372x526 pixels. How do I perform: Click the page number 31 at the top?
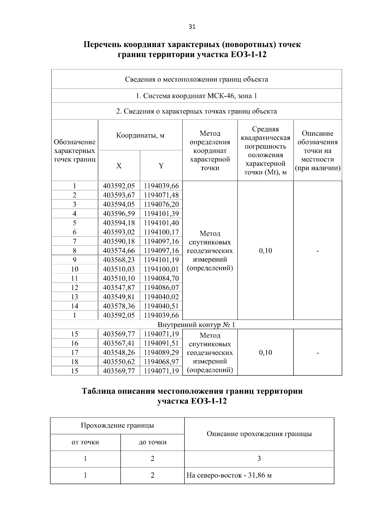(x=192, y=27)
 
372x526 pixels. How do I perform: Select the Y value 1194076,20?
(x=161, y=204)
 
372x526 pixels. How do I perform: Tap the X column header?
(x=119, y=166)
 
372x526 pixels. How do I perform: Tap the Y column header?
(x=161, y=166)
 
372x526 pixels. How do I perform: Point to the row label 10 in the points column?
(x=75, y=269)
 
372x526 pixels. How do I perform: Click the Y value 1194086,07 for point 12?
(x=161, y=288)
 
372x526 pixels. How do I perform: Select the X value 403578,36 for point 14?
(x=119, y=306)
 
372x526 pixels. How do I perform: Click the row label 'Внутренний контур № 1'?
(x=197, y=325)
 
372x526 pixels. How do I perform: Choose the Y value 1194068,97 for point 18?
(x=161, y=362)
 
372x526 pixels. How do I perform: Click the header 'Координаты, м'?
(x=140, y=135)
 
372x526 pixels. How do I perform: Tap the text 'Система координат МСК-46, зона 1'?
(x=197, y=96)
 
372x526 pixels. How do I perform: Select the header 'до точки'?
(x=152, y=442)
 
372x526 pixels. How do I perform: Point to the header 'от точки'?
(x=85, y=442)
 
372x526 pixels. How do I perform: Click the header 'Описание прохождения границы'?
(x=259, y=434)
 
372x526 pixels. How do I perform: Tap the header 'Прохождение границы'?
(x=117, y=426)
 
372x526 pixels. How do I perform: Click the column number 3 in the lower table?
(x=259, y=459)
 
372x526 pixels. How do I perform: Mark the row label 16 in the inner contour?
(x=75, y=343)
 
